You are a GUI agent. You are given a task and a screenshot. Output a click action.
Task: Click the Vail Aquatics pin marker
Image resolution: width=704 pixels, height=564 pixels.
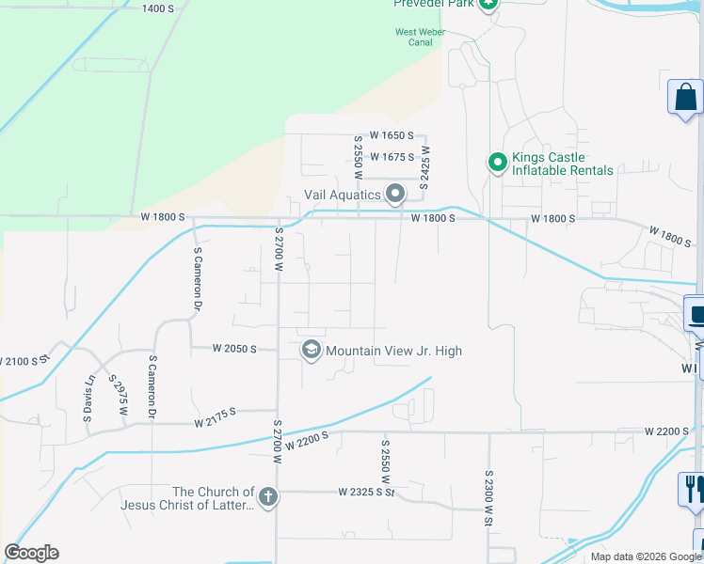[x=395, y=194]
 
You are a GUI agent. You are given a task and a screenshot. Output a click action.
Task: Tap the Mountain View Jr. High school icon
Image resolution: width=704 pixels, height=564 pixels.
[x=311, y=351]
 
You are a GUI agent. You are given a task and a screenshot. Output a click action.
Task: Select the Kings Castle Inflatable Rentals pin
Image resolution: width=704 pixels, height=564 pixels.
[x=497, y=164]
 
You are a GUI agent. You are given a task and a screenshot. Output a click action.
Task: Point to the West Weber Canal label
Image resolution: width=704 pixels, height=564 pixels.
[x=420, y=37]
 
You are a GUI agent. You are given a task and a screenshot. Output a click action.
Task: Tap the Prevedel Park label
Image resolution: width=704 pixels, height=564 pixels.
[x=433, y=4]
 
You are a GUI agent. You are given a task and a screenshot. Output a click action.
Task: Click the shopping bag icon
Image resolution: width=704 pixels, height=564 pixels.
[x=685, y=97]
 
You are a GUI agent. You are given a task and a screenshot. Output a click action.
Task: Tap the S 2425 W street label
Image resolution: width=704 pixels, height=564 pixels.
[x=425, y=167]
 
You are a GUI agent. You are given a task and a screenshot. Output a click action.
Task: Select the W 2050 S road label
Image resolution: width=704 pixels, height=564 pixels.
[x=235, y=348]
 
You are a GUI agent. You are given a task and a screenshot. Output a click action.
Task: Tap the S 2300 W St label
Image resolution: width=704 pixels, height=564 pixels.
[x=489, y=498]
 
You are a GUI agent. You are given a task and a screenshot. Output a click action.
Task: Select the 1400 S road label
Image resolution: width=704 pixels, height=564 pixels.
[x=157, y=8]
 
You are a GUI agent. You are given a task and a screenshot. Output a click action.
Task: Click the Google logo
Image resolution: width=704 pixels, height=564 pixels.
[x=31, y=553]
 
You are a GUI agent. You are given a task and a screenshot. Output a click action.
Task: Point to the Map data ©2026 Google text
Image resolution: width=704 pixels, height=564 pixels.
[x=645, y=556]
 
